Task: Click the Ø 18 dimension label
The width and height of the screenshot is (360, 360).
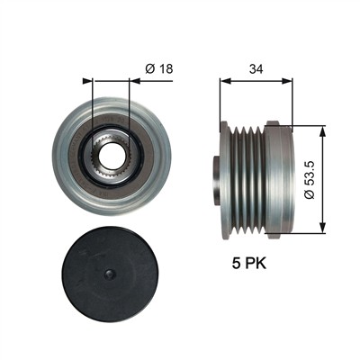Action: tap(159, 69)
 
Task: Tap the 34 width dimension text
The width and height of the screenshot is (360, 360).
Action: tap(256, 69)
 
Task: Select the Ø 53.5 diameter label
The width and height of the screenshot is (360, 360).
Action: tap(310, 179)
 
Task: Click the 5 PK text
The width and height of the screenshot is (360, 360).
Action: tap(248, 264)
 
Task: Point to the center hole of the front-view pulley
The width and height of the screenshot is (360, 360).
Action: tap(111, 155)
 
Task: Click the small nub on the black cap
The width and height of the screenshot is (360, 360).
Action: tap(110, 274)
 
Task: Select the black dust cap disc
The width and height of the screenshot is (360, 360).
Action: tap(110, 274)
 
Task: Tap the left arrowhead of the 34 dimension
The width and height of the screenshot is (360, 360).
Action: tap(225, 81)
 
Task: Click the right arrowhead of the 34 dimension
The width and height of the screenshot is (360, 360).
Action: tap(286, 81)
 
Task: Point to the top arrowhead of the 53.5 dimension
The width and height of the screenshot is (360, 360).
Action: tap(322, 131)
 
